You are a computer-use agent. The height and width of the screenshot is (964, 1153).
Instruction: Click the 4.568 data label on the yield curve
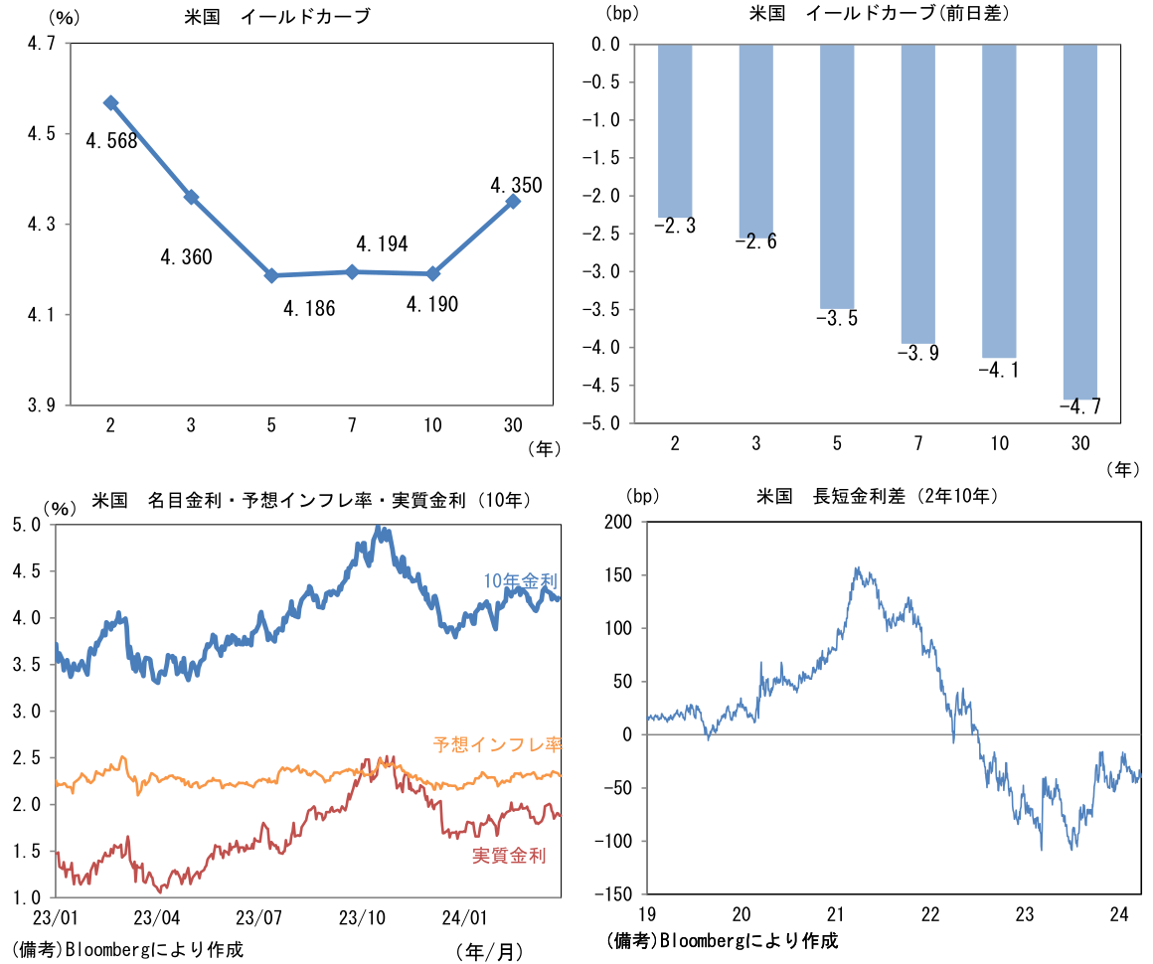click(111, 141)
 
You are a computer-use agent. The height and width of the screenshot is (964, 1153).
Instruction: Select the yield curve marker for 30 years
click(513, 202)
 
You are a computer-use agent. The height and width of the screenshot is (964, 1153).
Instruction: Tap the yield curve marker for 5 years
click(271, 275)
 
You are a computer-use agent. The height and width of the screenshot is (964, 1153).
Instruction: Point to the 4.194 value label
click(382, 243)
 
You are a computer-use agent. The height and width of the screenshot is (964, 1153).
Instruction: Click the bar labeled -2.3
click(675, 130)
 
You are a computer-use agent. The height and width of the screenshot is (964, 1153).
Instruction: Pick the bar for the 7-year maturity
click(917, 193)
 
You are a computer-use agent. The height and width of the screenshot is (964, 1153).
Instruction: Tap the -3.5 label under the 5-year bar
click(836, 319)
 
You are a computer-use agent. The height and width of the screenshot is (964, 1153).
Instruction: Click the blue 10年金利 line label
click(520, 580)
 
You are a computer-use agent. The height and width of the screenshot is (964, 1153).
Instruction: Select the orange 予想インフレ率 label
click(497, 743)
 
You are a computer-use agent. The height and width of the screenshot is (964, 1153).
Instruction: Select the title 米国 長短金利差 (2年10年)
click(877, 495)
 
